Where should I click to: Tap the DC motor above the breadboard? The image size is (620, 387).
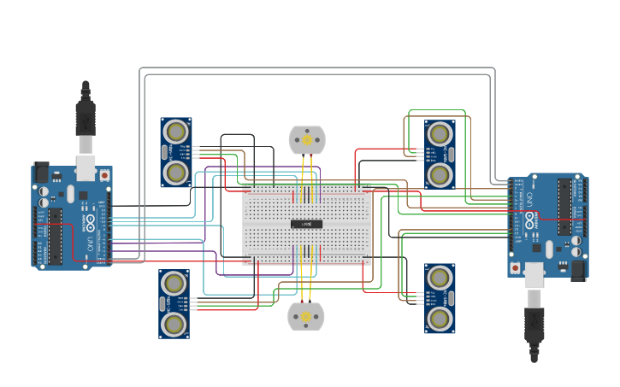[x=307, y=139]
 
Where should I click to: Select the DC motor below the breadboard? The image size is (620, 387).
[x=306, y=317]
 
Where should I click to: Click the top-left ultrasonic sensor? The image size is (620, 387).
[x=176, y=152]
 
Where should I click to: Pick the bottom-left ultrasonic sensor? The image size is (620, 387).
[x=174, y=304]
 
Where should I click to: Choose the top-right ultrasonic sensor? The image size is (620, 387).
[x=440, y=154]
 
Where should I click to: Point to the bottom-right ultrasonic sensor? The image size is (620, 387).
[x=440, y=299]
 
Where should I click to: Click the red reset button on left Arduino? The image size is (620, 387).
[x=104, y=175]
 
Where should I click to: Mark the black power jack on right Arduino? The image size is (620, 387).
[x=578, y=270]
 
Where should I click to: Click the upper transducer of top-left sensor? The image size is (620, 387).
[x=176, y=132]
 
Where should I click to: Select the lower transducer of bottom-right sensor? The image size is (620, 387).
[x=440, y=319]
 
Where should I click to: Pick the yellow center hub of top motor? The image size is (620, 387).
[x=307, y=139]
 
